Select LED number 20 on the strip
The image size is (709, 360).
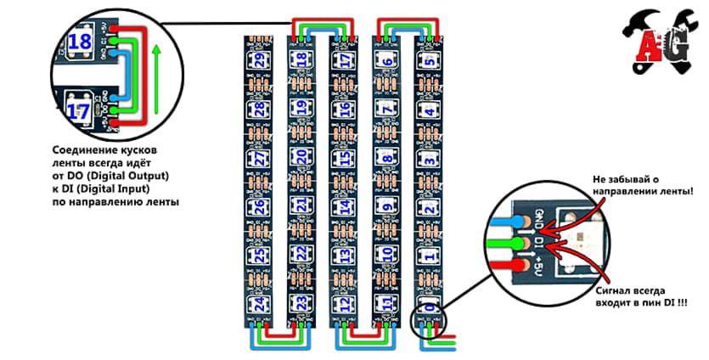pyautogui.click(x=301, y=156)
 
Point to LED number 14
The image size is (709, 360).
pyautogui.click(x=343, y=206)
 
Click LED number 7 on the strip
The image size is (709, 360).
pyautogui.click(x=386, y=110)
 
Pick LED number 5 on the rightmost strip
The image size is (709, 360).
pyautogui.click(x=430, y=60)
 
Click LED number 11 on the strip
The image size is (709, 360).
pyautogui.click(x=386, y=303)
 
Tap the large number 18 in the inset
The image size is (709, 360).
pyautogui.click(x=81, y=42)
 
